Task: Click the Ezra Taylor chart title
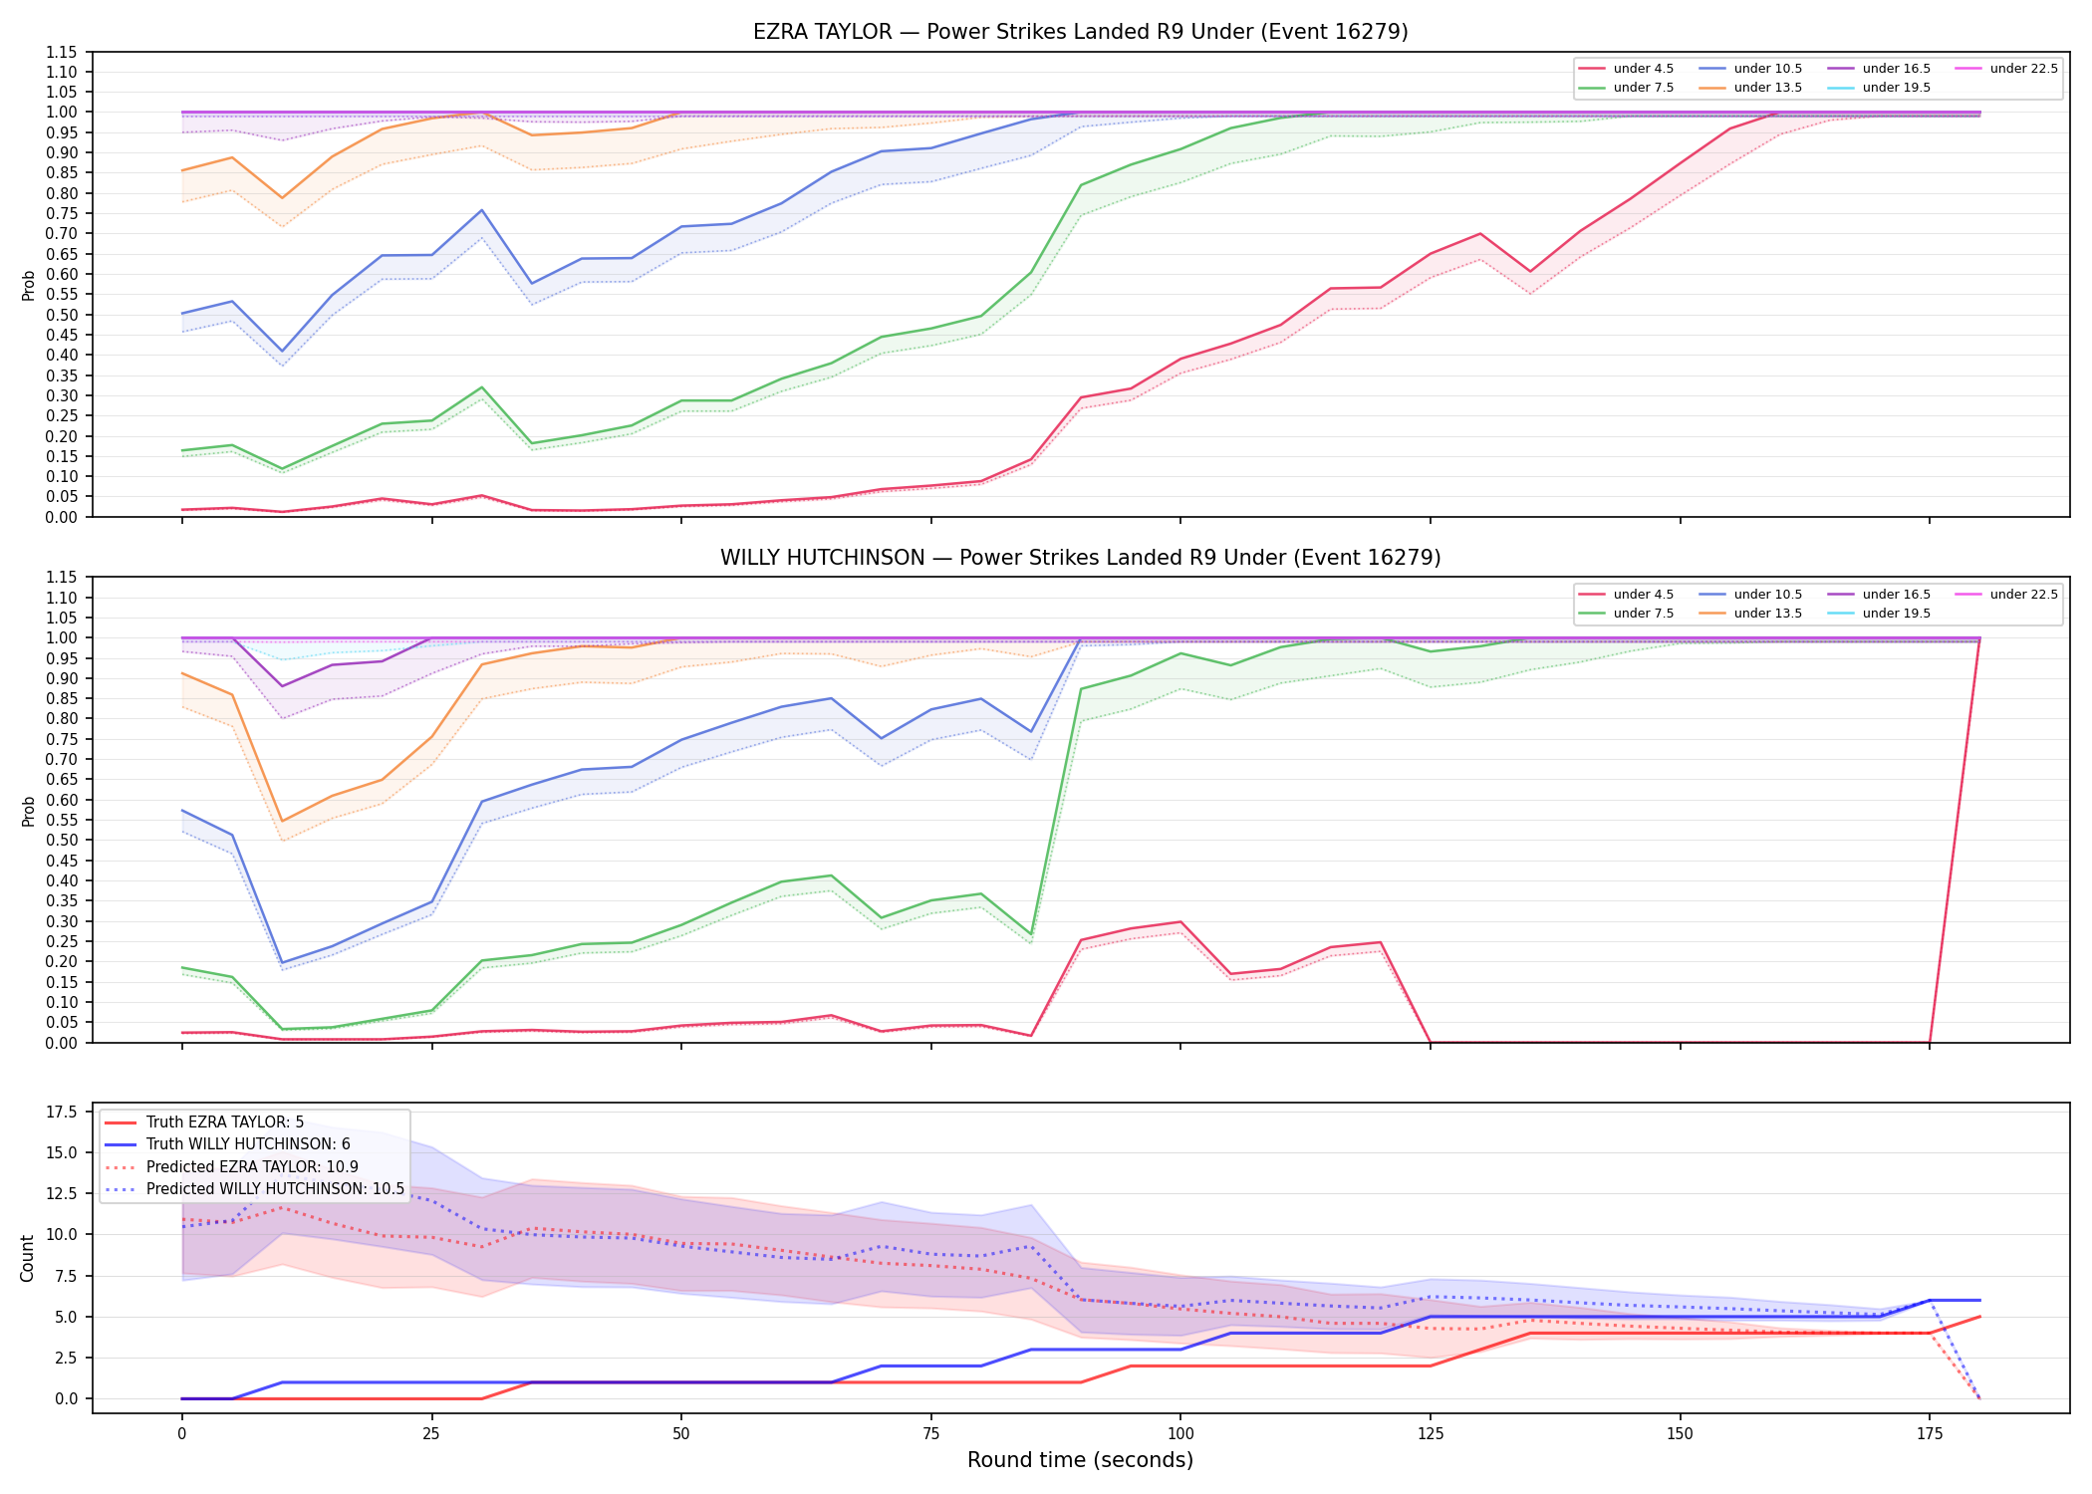coord(1080,32)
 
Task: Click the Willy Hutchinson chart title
coord(1080,558)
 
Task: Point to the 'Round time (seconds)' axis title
coord(1080,1460)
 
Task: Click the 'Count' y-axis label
coord(27,1258)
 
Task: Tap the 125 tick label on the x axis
coord(1431,1434)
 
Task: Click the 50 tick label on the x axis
coord(680,1434)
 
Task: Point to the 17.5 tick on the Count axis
coord(65,1112)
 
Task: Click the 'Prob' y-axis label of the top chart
coord(28,285)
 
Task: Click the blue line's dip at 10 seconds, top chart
coord(282,352)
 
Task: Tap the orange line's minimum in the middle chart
coord(282,822)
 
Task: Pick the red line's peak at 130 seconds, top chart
coord(1480,234)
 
